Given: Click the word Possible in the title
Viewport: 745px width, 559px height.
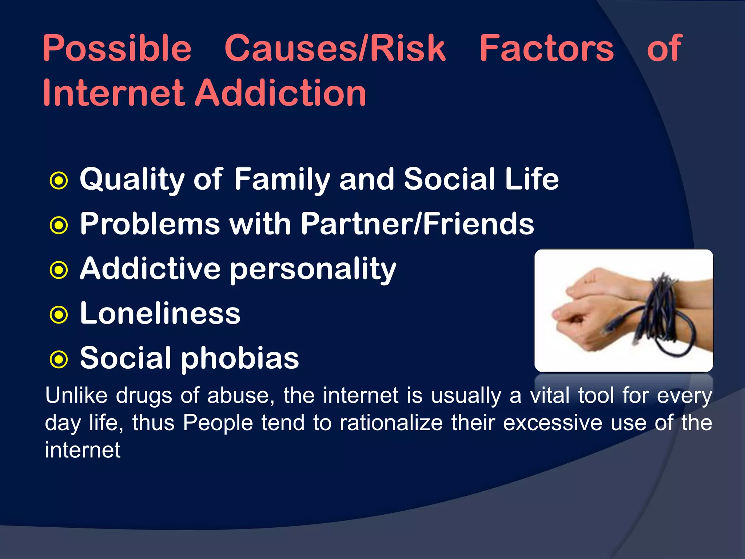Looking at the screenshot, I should pos(117,49).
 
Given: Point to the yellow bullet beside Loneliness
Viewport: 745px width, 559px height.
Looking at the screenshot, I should pos(59,315).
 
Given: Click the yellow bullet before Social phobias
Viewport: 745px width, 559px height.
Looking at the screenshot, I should pos(59,360).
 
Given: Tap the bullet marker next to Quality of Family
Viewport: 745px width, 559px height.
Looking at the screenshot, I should pos(59,181).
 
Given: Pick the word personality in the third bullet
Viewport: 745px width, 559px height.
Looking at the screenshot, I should pos(313,269).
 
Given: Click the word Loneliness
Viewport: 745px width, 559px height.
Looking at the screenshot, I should pos(160,313).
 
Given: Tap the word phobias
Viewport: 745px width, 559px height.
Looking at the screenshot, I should pos(240,358).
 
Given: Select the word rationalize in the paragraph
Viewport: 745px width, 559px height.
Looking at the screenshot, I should pos(391,423).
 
